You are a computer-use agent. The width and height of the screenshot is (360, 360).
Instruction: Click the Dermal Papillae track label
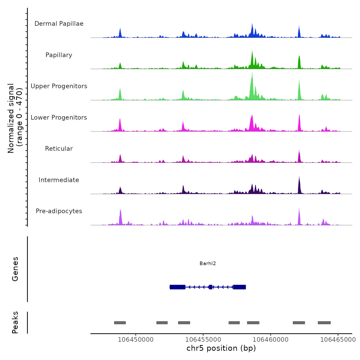(59, 24)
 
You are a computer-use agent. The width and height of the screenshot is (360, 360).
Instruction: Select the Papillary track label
(59, 55)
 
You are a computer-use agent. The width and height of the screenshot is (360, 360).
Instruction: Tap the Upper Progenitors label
(59, 86)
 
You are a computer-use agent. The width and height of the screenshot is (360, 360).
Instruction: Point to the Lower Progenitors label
(59, 118)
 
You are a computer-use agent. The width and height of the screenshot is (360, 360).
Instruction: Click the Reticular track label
(59, 149)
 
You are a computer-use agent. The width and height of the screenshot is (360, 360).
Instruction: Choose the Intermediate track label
(59, 180)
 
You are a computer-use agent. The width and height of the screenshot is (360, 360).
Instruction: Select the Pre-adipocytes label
(59, 211)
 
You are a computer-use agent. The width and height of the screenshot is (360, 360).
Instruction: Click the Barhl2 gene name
(208, 264)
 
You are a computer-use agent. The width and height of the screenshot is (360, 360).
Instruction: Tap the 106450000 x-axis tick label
(136, 340)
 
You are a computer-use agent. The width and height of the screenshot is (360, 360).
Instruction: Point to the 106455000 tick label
(203, 340)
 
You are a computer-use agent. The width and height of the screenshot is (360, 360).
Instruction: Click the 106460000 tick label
(271, 340)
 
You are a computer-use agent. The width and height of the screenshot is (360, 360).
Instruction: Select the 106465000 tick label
(338, 340)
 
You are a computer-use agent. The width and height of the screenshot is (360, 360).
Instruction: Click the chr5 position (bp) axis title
(221, 348)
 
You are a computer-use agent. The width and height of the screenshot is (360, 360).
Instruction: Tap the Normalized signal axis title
(15, 118)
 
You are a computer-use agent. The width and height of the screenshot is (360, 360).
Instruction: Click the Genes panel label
(15, 269)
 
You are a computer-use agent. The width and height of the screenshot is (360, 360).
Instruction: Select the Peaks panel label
(15, 322)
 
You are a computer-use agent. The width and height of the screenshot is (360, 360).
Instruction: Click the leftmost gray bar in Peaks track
(120, 323)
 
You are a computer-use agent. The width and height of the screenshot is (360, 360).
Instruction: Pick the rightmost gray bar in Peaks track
(324, 323)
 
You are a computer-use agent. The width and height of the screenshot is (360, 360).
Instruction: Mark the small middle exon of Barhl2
(211, 287)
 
